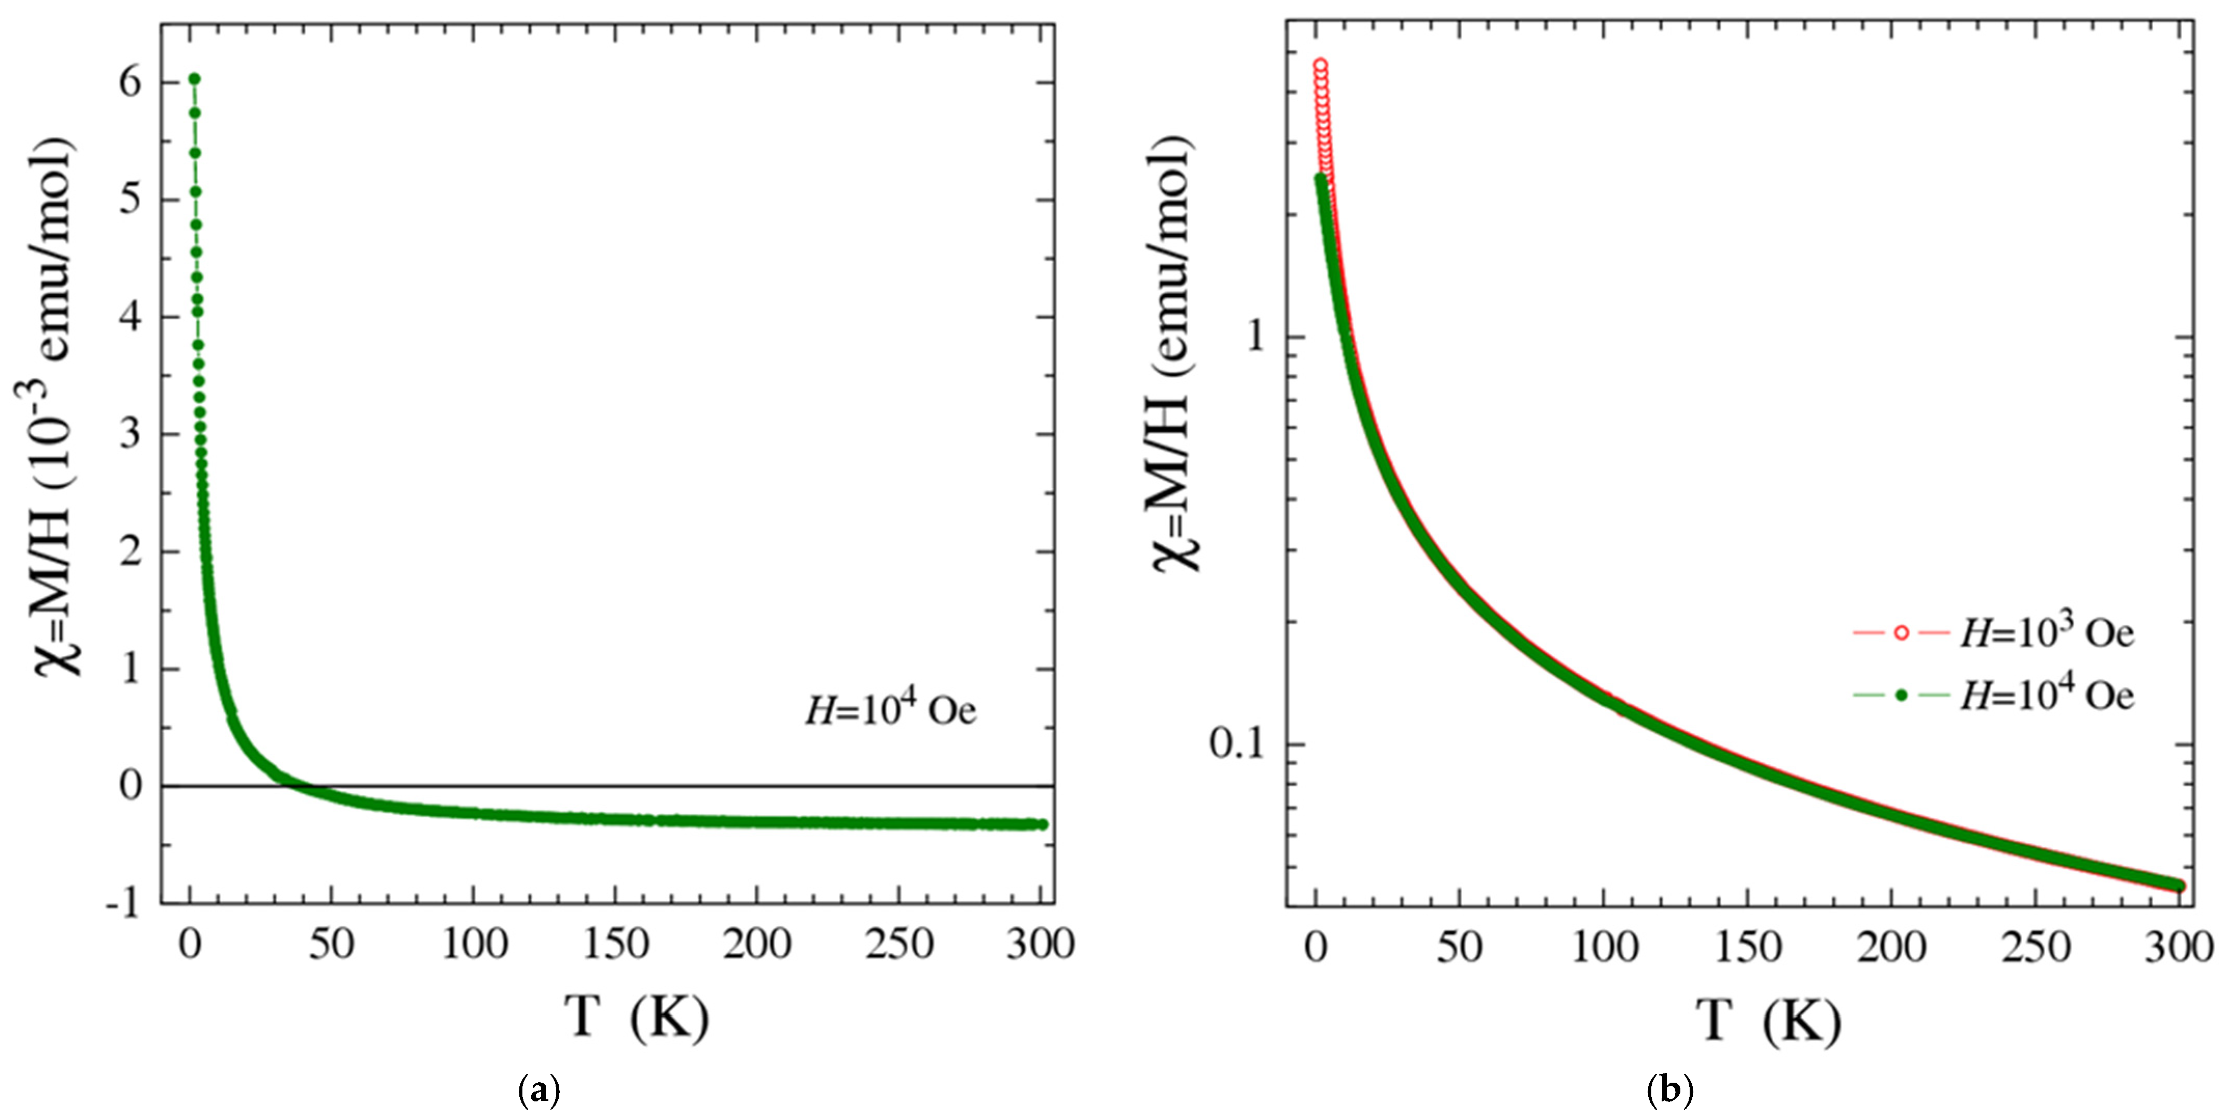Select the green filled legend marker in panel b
tap(1899, 695)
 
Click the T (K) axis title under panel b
tap(1769, 1020)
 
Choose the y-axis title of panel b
tap(1176, 354)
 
